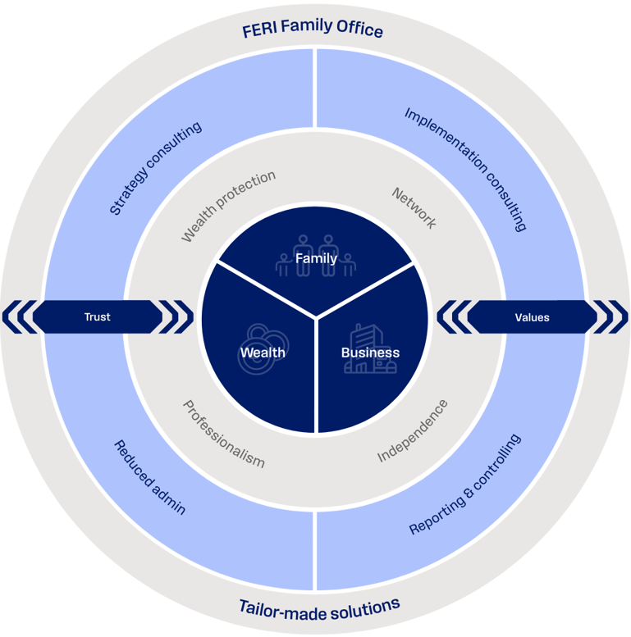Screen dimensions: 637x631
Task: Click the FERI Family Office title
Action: (313, 31)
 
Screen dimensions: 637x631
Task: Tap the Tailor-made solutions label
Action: (319, 607)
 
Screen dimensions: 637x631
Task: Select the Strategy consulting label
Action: (156, 169)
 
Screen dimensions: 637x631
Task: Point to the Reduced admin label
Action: (149, 477)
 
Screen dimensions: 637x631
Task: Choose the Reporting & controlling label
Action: (464, 485)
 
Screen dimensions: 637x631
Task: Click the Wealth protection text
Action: (228, 206)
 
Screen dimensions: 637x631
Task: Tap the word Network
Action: (414, 208)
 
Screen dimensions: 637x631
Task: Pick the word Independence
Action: (413, 430)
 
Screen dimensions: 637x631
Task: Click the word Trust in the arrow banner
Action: (97, 316)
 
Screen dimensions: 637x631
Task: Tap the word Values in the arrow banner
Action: (532, 316)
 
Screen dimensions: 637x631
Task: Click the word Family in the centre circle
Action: (316, 259)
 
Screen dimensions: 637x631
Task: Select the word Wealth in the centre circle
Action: (263, 353)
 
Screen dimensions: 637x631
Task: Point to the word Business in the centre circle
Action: (370, 353)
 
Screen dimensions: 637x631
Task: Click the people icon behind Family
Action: (316, 251)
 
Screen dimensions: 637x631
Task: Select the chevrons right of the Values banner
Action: (612, 316)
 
